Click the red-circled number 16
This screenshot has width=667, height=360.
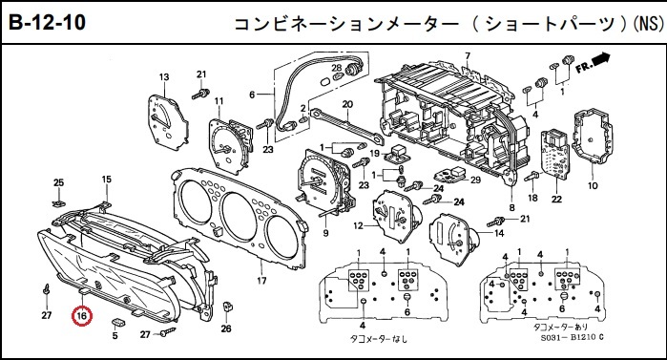(82, 316)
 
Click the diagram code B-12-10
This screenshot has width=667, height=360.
(47, 22)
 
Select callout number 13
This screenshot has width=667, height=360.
(164, 77)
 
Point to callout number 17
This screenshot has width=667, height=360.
(261, 281)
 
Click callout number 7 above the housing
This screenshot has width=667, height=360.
(468, 55)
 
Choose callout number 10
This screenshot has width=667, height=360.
(593, 185)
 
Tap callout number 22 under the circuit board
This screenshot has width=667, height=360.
(557, 199)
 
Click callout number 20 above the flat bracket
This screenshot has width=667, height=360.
(347, 104)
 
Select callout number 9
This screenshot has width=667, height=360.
(325, 233)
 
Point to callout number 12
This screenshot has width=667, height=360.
(358, 225)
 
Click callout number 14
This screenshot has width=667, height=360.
(499, 233)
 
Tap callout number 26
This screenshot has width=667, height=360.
(226, 328)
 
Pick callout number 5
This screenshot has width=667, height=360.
(115, 336)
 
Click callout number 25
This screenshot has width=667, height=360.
(59, 182)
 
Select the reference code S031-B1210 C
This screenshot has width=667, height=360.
(573, 337)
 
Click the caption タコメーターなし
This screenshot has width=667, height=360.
(378, 339)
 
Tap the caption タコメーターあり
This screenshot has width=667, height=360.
(560, 327)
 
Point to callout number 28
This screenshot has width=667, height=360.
(337, 68)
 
